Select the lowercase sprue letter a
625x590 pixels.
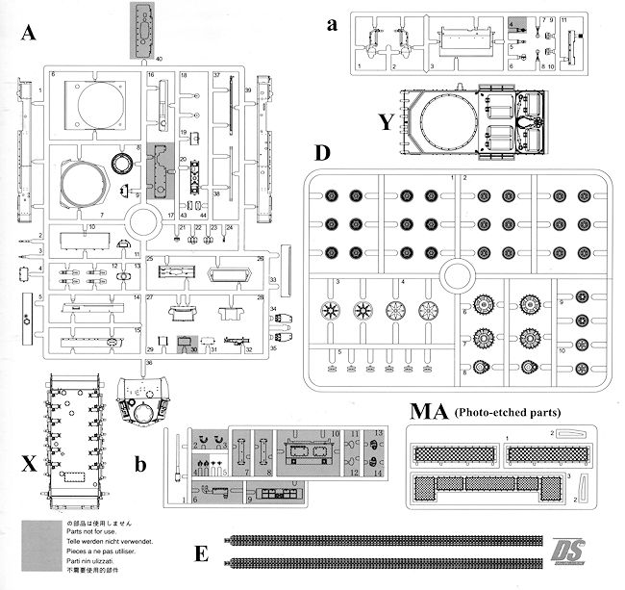coord(331,26)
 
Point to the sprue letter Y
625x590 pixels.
coord(387,121)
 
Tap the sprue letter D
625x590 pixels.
coord(322,154)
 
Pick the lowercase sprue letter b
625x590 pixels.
coord(141,467)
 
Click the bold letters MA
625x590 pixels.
coord(425,413)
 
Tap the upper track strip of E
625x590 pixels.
coord(385,540)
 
